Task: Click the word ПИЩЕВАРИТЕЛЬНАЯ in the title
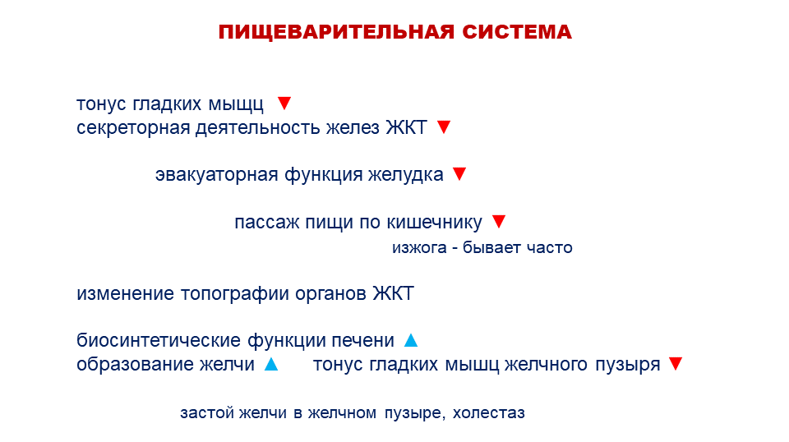pos(337,32)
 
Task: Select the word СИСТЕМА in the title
pos(517,32)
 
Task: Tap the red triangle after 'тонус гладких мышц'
pos(284,103)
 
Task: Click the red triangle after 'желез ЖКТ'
pos(443,127)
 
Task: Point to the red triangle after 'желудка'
pos(459,174)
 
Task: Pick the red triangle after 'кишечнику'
pos(499,221)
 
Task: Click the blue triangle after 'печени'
pos(411,340)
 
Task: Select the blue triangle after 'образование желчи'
pos(271,364)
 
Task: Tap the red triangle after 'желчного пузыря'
pos(676,364)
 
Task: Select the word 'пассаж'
pos(266,223)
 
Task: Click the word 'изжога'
pos(419,247)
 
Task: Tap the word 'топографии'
pos(235,294)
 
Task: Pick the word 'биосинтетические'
pos(159,341)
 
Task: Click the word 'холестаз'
pos(488,413)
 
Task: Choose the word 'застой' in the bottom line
pos(207,413)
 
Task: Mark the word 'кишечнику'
pos(434,223)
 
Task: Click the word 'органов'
pos(330,294)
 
